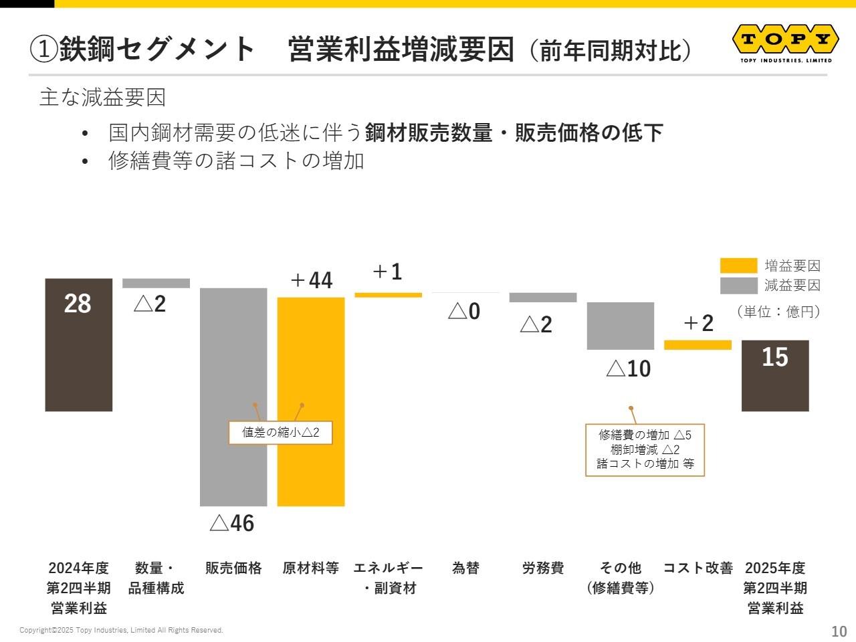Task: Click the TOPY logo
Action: pos(786,43)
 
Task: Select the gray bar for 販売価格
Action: pos(233,397)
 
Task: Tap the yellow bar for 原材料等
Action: pos(311,401)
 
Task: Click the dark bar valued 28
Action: pos(79,344)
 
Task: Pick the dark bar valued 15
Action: pos(775,375)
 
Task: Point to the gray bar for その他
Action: pos(621,326)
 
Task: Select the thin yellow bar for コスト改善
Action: pos(698,345)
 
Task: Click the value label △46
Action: pos(232,523)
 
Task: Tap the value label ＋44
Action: pos(312,280)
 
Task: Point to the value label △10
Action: pos(629,368)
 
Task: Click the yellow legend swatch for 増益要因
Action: pos(738,265)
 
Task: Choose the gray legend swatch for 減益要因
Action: pos(738,286)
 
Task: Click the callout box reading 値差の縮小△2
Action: pos(280,433)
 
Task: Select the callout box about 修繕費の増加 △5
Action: pos(645,449)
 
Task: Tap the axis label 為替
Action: pos(465,568)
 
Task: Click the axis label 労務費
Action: pos(543,568)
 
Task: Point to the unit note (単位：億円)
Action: pos(778,312)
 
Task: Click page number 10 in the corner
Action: pos(839,631)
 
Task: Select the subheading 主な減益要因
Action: pos(102,98)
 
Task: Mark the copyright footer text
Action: pos(121,630)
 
